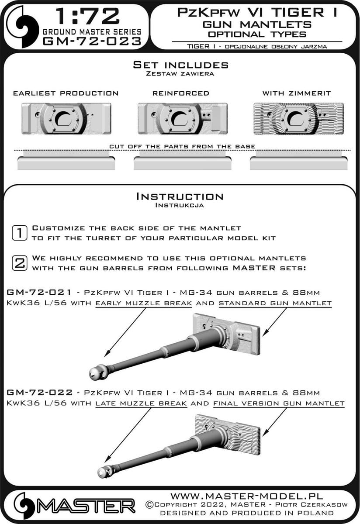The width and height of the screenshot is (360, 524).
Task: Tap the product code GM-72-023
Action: click(92, 41)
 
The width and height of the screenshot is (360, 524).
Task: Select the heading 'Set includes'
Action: click(180, 65)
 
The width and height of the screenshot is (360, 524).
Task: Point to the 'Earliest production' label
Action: click(66, 93)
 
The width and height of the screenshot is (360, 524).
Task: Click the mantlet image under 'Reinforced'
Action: click(182, 118)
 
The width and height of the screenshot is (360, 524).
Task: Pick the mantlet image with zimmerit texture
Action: click(298, 118)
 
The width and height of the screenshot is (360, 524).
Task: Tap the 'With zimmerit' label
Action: click(297, 93)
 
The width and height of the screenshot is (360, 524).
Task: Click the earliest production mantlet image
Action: click(66, 118)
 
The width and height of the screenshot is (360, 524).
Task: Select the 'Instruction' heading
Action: click(180, 196)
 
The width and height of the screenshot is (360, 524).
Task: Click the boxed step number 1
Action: click(19, 233)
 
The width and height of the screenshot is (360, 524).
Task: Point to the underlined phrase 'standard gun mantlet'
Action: click(275, 303)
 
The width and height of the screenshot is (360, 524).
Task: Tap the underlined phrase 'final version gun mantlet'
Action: click(278, 403)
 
